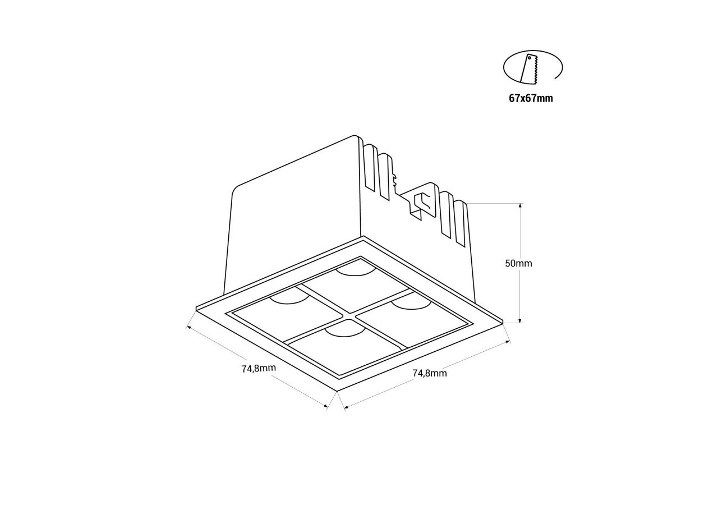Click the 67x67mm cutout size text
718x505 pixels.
tap(531, 99)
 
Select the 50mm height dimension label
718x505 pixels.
tap(518, 263)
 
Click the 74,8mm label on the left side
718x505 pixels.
tap(259, 369)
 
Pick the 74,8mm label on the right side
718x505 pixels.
tap(430, 373)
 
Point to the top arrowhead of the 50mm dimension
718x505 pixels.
tap(521, 205)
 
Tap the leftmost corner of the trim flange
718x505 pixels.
tap(197, 308)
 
